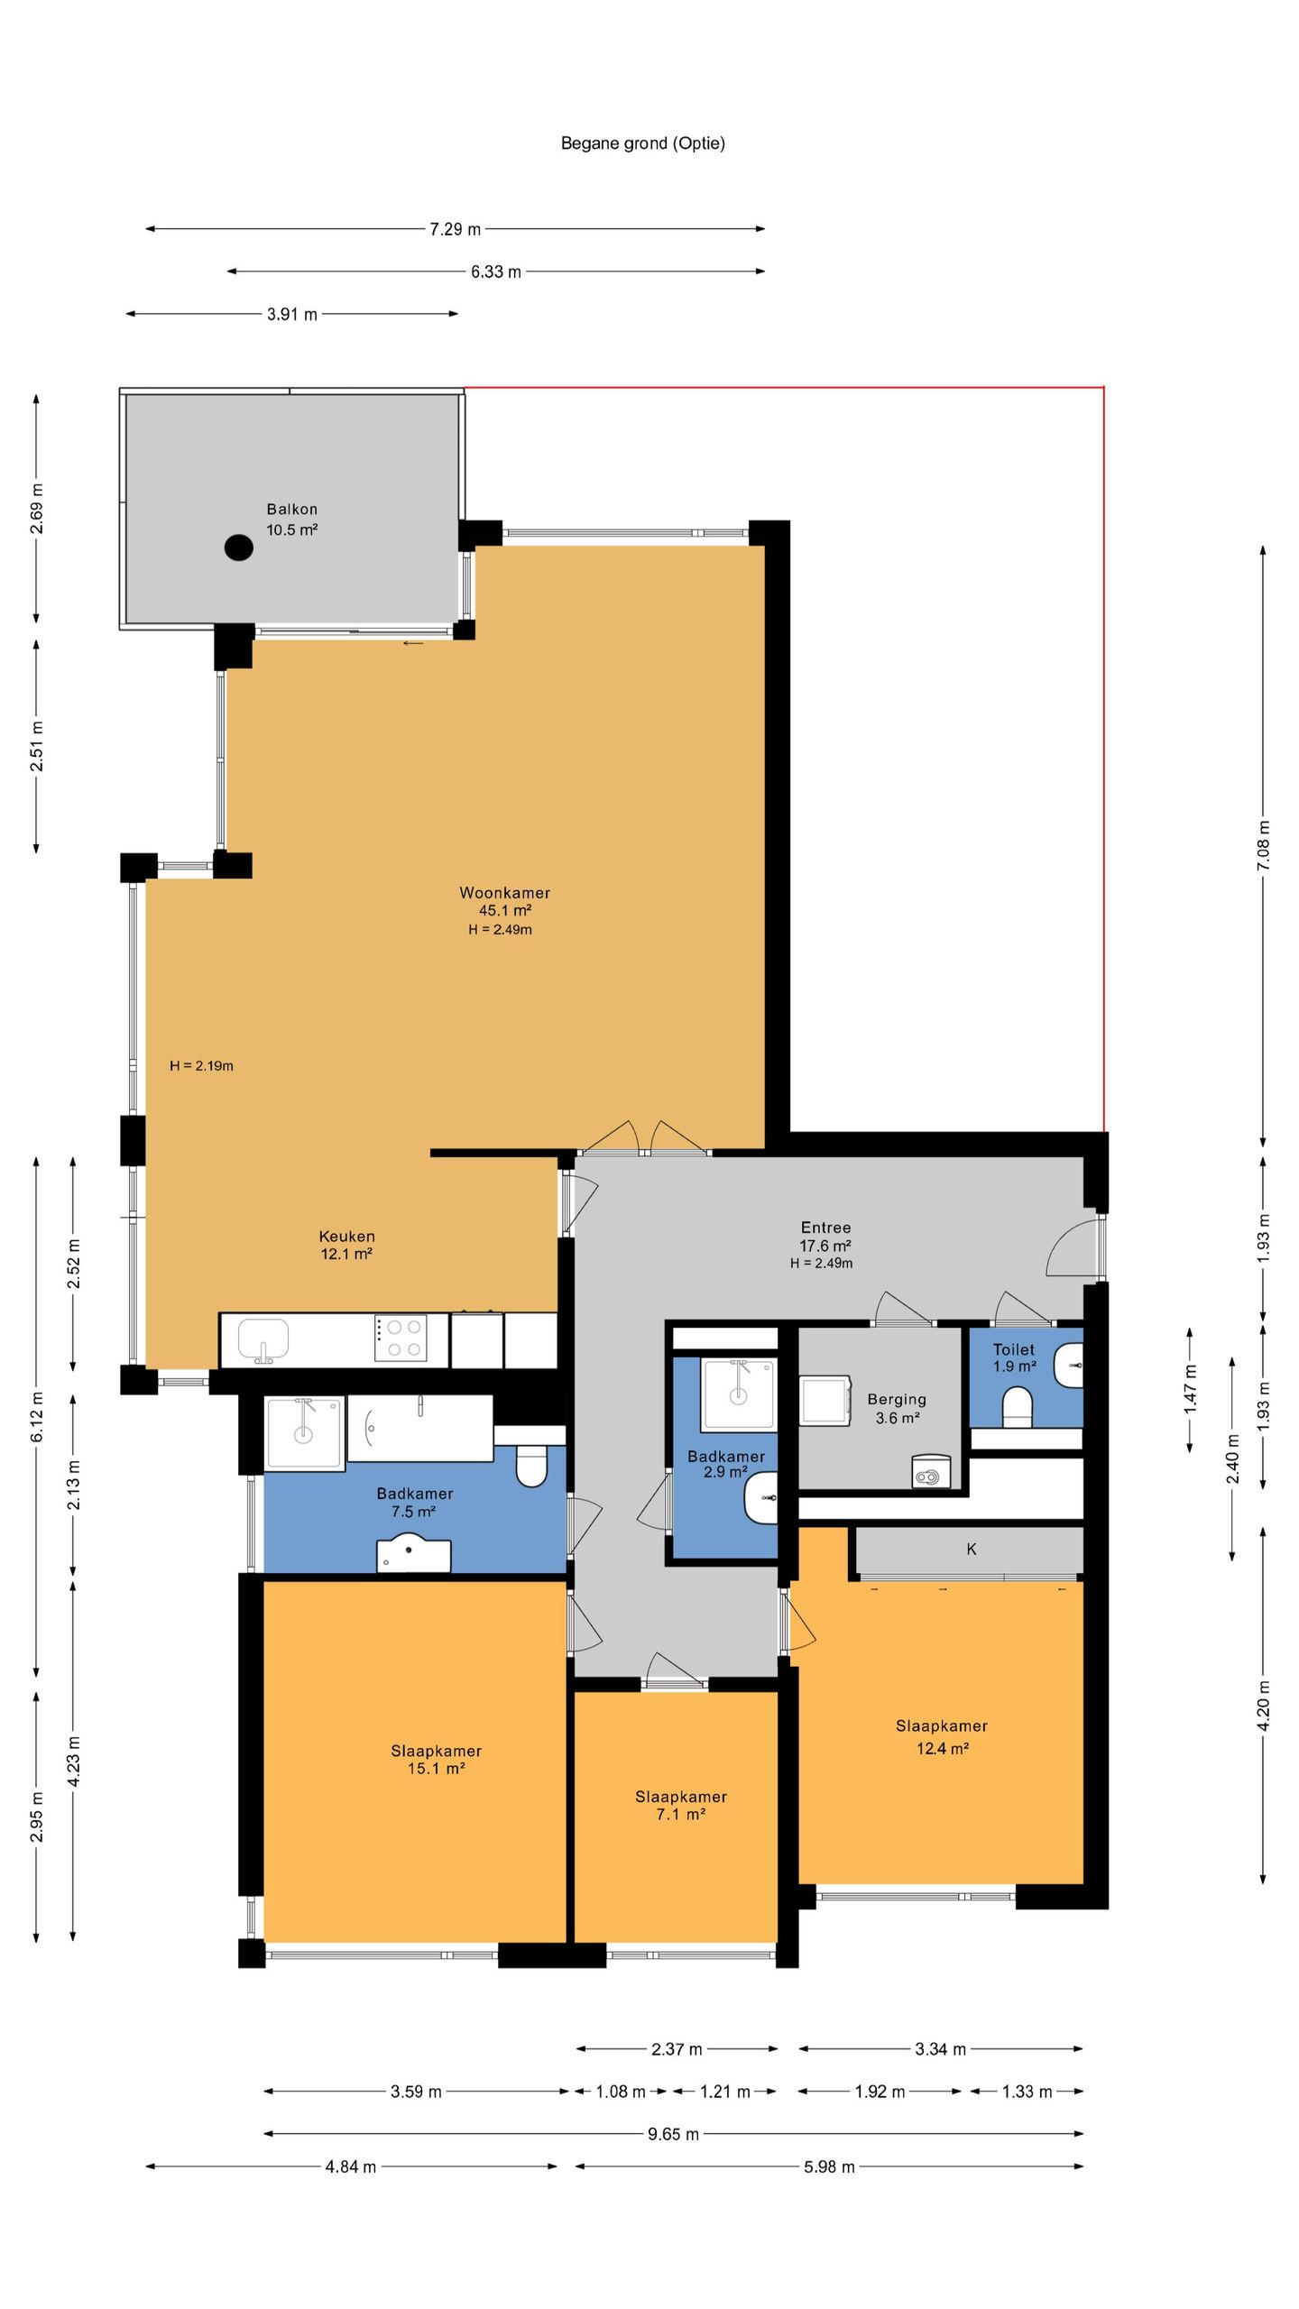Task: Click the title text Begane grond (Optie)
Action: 643,143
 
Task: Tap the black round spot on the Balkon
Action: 238,547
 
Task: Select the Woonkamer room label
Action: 504,893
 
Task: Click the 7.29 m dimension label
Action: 456,229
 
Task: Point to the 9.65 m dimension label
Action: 674,2133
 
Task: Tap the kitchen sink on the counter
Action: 263,1340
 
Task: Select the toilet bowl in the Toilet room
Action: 1018,1406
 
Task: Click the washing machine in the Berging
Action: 825,1401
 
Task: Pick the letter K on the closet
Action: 972,1549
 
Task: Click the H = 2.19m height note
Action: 201,1066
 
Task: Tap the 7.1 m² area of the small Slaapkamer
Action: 681,1814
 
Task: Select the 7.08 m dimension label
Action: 1263,845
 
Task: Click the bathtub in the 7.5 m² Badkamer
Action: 420,1428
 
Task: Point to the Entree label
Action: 825,1228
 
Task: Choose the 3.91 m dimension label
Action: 292,315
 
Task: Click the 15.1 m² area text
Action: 436,1768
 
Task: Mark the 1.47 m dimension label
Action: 1190,1388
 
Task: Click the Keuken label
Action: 346,1237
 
